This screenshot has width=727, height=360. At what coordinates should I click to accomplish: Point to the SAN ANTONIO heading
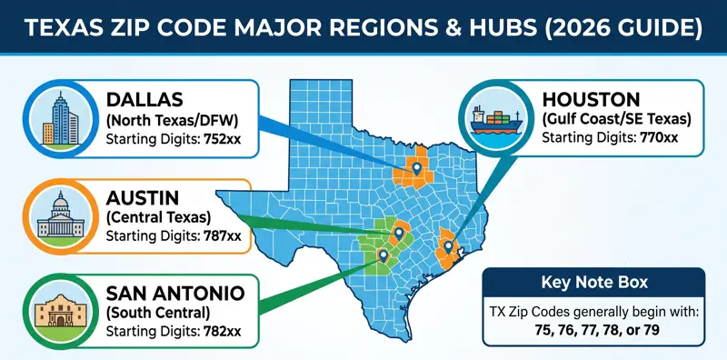(x=174, y=293)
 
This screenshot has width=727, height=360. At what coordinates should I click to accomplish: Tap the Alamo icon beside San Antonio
(x=57, y=313)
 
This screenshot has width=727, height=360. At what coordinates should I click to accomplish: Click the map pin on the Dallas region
(x=417, y=167)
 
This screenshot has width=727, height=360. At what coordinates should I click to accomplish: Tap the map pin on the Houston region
(x=447, y=246)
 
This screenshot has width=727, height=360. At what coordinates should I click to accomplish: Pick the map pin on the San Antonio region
(x=383, y=255)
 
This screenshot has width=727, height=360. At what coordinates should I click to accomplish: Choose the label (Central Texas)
(x=157, y=216)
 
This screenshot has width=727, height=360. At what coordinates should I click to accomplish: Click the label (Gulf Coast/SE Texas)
(x=615, y=119)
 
